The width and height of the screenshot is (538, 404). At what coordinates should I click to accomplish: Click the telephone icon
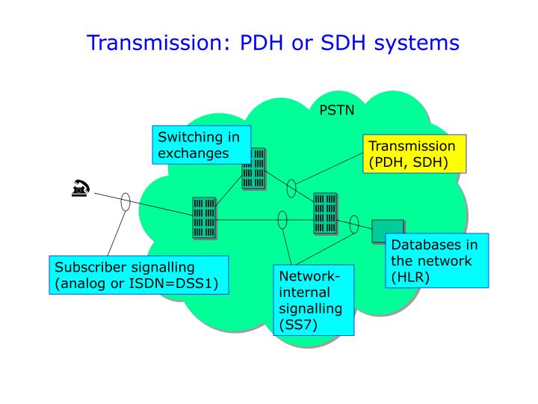pyautogui.click(x=81, y=190)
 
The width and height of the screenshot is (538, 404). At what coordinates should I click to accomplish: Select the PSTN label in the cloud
pyautogui.click(x=337, y=111)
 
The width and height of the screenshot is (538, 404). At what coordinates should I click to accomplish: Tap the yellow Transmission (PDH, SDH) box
pyautogui.click(x=414, y=154)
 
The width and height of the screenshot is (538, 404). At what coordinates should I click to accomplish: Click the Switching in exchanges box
pyautogui.click(x=200, y=145)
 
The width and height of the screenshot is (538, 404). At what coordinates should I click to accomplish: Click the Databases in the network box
pyautogui.click(x=437, y=261)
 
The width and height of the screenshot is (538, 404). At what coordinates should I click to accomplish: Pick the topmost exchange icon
pyautogui.click(x=254, y=168)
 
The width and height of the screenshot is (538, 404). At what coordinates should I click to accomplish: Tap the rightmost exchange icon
pyautogui.click(x=326, y=213)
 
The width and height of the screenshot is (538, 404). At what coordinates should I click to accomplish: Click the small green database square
pyautogui.click(x=387, y=231)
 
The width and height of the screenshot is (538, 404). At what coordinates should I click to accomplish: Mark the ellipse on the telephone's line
pyautogui.click(x=126, y=201)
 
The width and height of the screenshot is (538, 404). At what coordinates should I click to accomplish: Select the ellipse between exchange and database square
pyautogui.click(x=353, y=221)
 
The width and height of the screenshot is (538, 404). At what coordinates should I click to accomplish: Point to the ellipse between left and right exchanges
pyautogui.click(x=282, y=220)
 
